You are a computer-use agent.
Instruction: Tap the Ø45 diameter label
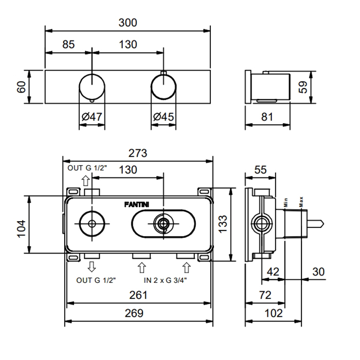tap(164, 117)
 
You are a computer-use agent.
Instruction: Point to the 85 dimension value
tap(69, 45)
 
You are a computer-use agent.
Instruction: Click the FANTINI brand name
tap(137, 204)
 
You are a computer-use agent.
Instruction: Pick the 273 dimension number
tap(137, 153)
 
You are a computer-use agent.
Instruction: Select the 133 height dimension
tap(222, 224)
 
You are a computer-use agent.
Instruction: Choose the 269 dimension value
tap(138, 313)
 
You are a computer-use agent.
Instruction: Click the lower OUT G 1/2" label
tap(96, 280)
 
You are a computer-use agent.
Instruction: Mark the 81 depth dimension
tap(267, 117)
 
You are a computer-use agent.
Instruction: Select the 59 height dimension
tap(302, 86)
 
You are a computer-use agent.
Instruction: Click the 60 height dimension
tap(21, 86)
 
